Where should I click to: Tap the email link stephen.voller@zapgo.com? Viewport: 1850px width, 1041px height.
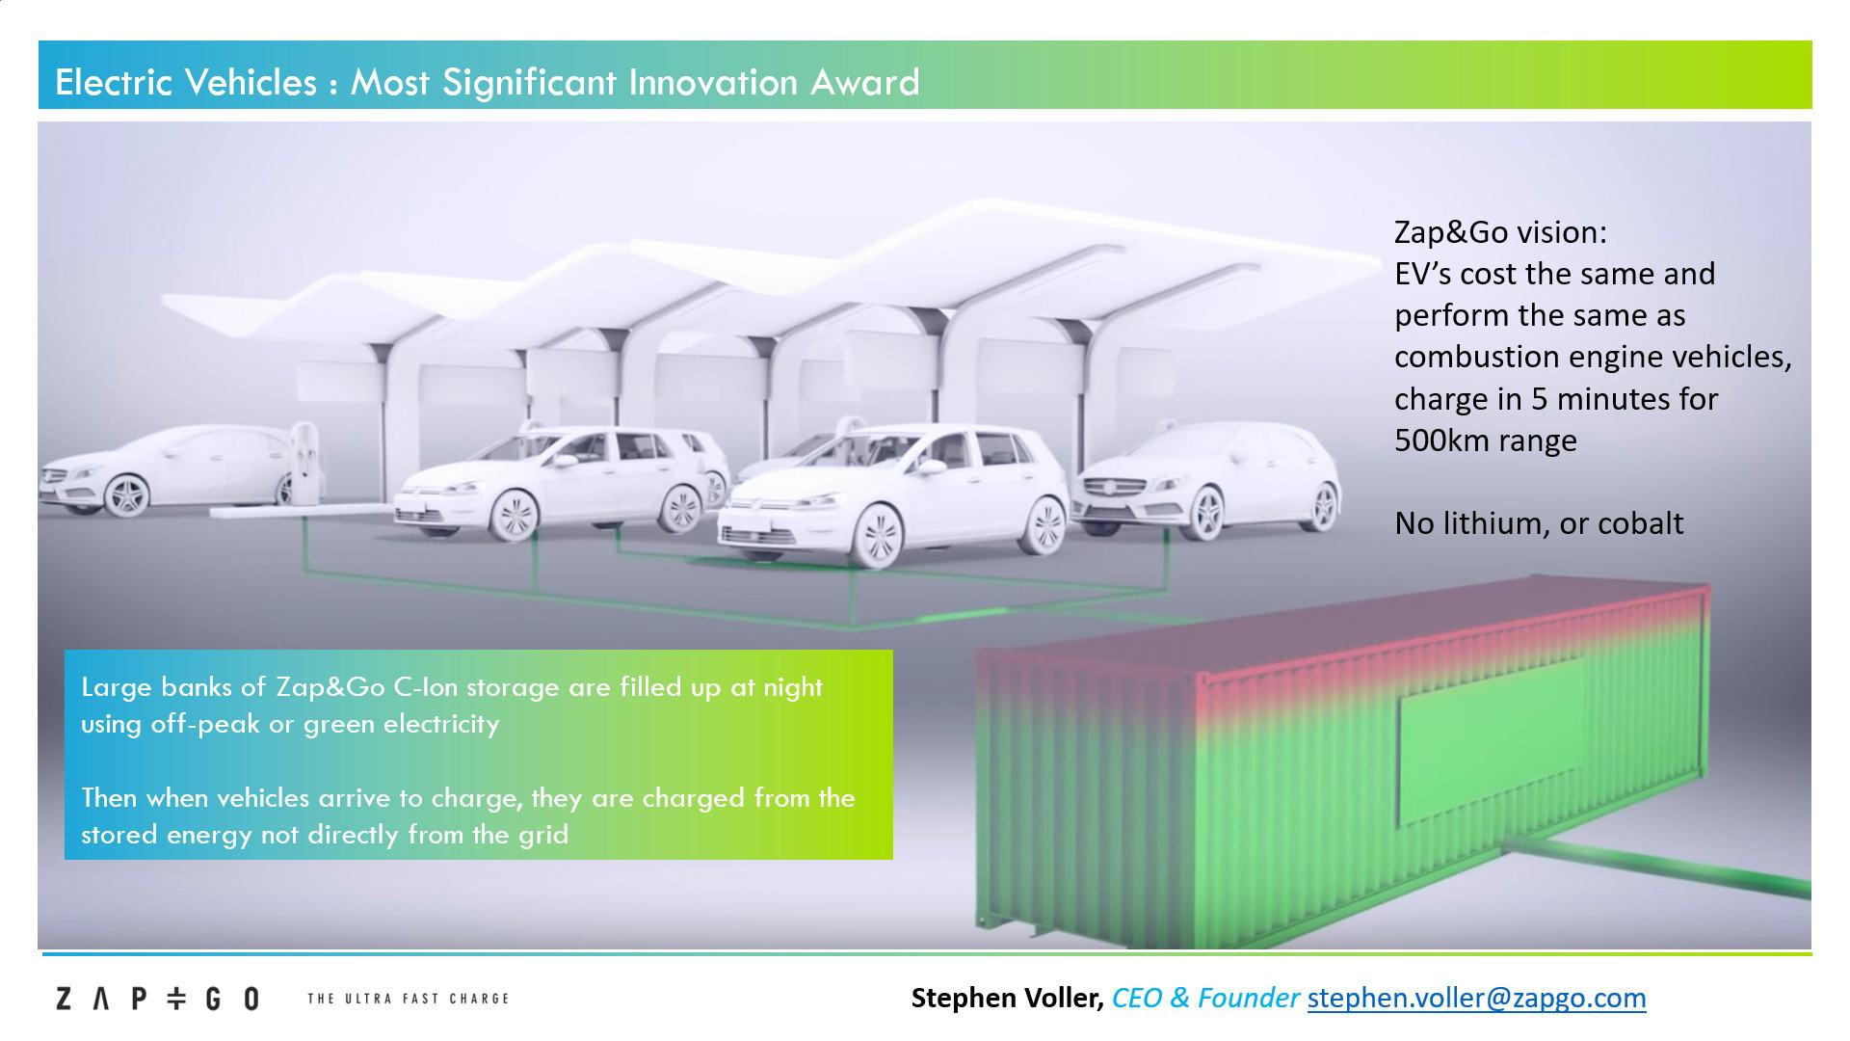pos(1476,998)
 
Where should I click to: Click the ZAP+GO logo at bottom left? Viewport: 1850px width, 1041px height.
pos(157,999)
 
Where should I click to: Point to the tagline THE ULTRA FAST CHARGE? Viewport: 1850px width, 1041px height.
pos(408,999)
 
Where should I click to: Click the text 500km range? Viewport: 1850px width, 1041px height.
pos(1486,440)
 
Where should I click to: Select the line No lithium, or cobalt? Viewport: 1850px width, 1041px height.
pos(1539,523)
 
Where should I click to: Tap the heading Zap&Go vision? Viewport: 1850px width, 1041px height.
pos(1500,232)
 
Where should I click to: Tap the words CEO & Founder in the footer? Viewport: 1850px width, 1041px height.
pos(1205,998)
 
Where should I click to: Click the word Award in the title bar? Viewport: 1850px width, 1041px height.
pos(864,82)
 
